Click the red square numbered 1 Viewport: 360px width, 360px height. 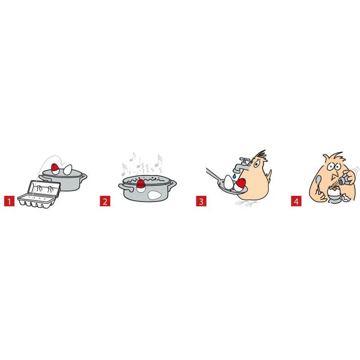click(9, 201)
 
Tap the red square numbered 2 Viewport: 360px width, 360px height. click(105, 201)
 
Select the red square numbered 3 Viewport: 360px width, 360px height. click(201, 201)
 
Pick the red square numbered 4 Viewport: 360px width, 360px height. click(296, 201)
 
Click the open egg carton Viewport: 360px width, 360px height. click(39, 195)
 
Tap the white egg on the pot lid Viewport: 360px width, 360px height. click(67, 170)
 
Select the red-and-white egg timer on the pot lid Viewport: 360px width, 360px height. click(55, 169)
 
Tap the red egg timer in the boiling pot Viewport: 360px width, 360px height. click(141, 184)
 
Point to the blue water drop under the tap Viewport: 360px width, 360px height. click(234, 176)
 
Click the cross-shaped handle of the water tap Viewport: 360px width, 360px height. click(245, 160)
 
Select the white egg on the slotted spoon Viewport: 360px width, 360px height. click(229, 182)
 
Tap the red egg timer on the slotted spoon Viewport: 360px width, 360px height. click(240, 184)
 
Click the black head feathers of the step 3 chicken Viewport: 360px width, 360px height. click(262, 155)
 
